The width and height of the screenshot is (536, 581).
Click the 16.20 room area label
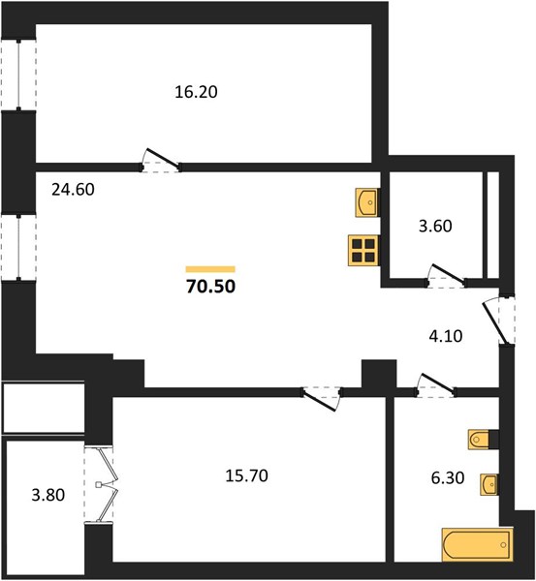[x=196, y=92]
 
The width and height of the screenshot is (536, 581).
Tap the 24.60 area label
[x=73, y=190]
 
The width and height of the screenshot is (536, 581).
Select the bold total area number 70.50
[x=210, y=287]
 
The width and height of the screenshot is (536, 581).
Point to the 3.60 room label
[x=435, y=226]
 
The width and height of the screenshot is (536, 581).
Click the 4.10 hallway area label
[x=446, y=336]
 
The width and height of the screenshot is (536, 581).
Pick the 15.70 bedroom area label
[x=246, y=475]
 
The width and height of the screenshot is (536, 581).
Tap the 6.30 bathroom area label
[x=448, y=478]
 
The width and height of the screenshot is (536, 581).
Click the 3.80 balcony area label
[x=48, y=495]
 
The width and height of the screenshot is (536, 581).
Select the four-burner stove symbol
[x=363, y=251]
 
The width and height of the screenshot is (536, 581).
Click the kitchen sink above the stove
[x=366, y=202]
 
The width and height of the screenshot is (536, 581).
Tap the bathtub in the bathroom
[x=478, y=545]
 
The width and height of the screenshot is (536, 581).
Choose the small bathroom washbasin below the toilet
[x=489, y=483]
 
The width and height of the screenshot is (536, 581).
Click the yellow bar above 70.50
[x=210, y=269]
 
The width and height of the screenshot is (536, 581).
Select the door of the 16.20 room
[x=161, y=161]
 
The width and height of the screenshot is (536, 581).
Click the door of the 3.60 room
[x=447, y=276]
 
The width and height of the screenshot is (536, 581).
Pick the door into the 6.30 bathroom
[x=436, y=385]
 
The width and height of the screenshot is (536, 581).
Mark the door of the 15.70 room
[x=321, y=398]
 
